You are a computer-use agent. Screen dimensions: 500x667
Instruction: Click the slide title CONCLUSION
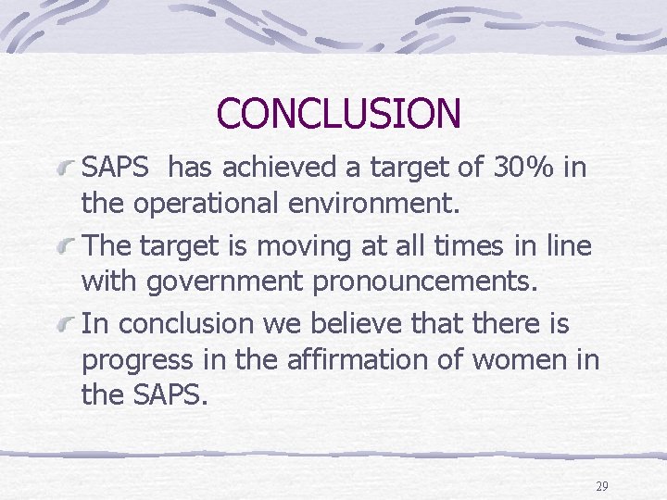tap(338, 113)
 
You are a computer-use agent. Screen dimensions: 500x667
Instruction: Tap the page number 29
tap(601, 486)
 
